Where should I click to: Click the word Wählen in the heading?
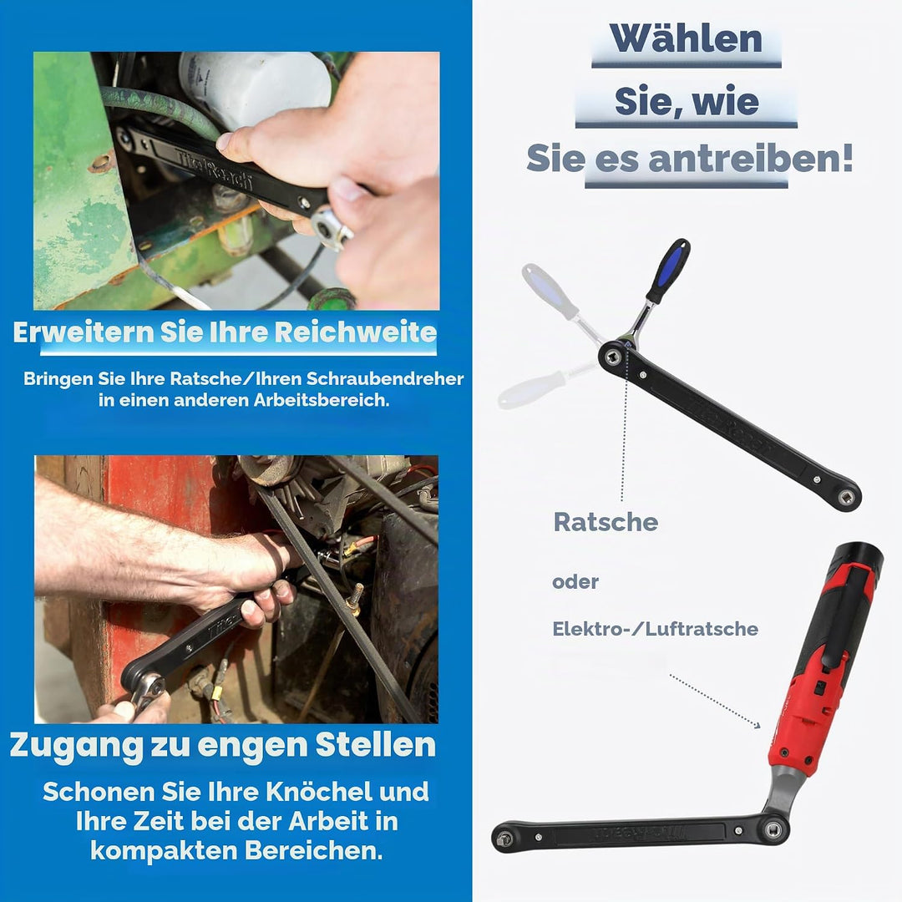pos(686,38)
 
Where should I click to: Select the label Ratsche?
pos(606,522)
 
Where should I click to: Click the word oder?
pos(575,581)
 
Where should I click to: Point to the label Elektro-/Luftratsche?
pos(656,629)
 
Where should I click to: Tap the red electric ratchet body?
pos(816,679)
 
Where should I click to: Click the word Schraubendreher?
pos(385,378)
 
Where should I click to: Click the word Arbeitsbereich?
pos(322,400)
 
